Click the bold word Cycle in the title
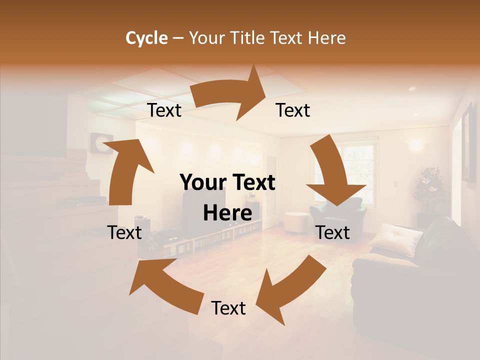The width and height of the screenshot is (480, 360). pos(146,38)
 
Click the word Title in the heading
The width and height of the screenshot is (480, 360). pos(248,38)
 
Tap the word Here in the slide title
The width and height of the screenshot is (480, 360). pos(327,38)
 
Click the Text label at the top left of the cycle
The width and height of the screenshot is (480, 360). pos(164,110)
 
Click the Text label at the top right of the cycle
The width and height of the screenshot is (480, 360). pos(293,110)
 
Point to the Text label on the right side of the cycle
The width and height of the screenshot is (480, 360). pos(333,232)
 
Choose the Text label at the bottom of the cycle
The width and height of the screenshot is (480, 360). pos(228,308)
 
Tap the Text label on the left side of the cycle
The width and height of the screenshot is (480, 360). pos(124,232)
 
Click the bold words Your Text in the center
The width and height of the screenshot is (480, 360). pos(227,182)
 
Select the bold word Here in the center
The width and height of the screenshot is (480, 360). pos(227,213)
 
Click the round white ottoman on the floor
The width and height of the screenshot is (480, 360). pos(297,222)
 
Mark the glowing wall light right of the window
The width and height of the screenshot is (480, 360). pos(414,145)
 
